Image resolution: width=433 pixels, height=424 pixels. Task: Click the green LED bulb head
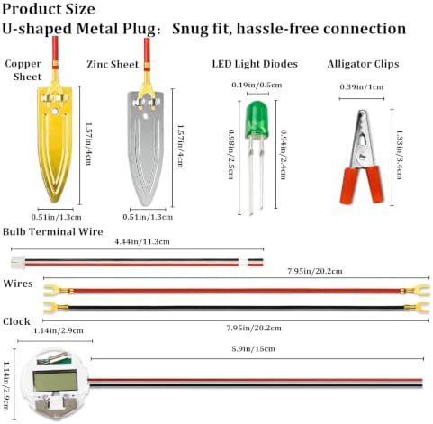coord(257,120)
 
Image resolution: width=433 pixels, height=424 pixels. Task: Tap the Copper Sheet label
coord(23,70)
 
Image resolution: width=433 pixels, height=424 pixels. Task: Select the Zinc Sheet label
coord(113,64)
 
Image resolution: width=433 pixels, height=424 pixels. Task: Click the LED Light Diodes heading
coord(255,64)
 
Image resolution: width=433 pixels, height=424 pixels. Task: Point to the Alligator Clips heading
coord(363,64)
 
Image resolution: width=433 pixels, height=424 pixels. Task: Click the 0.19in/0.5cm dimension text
coord(257,85)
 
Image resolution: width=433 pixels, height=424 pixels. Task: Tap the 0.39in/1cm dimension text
coord(362,87)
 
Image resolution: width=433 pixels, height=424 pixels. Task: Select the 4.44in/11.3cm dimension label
coord(142,241)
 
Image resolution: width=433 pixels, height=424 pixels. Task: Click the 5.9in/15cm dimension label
coord(253,349)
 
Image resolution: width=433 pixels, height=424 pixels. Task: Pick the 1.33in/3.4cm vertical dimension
coord(400,155)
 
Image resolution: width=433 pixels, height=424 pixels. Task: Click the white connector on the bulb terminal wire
coord(17,262)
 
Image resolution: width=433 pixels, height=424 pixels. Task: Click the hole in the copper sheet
coord(55,112)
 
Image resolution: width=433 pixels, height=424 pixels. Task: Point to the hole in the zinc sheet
coord(146,115)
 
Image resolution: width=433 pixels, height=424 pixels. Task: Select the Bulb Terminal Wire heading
coord(53,231)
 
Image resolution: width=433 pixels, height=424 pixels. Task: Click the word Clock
coord(16,321)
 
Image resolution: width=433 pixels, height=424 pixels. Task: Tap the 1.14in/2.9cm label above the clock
coord(59,330)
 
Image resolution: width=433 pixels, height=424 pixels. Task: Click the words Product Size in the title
coord(49,9)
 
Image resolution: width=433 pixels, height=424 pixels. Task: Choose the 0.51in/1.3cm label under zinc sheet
coord(148,217)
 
